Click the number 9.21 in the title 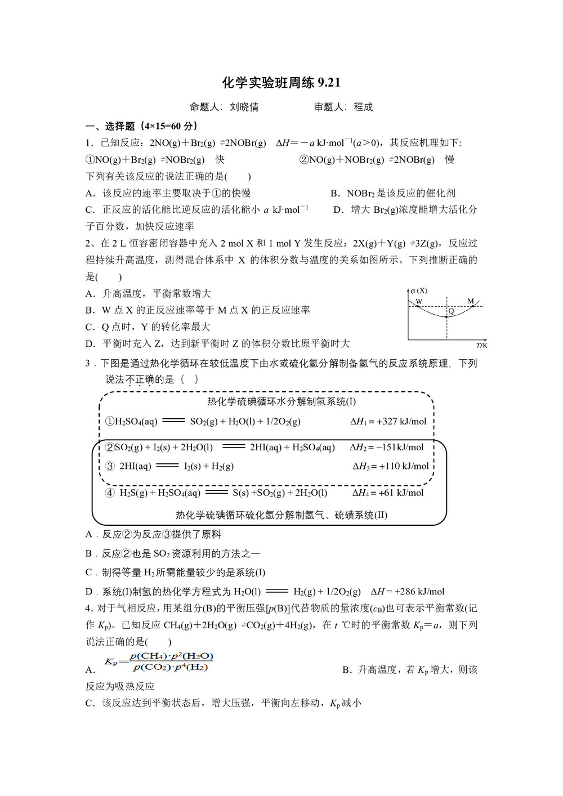(329, 83)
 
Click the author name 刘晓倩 (244, 107)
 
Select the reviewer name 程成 (363, 107)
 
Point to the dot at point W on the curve (417, 307)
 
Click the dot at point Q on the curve (446, 316)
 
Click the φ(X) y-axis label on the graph (419, 290)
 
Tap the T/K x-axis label (481, 345)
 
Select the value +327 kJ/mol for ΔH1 (401, 422)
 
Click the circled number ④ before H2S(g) (110, 493)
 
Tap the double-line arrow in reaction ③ (167, 466)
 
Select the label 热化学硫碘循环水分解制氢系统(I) (281, 401)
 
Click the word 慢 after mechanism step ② (449, 160)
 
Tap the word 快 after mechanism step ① (220, 160)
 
